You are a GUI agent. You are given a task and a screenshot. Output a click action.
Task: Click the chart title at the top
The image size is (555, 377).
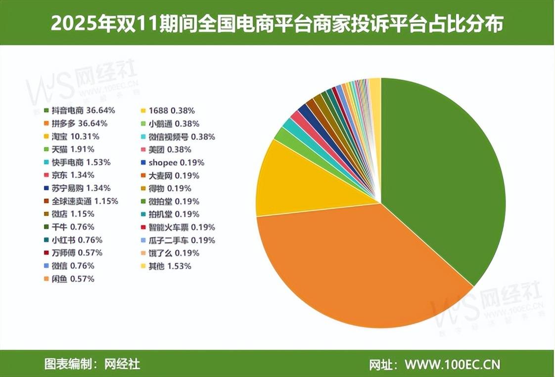[277, 24]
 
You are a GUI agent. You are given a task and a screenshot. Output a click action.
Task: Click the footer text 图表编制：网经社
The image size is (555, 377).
[92, 365]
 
